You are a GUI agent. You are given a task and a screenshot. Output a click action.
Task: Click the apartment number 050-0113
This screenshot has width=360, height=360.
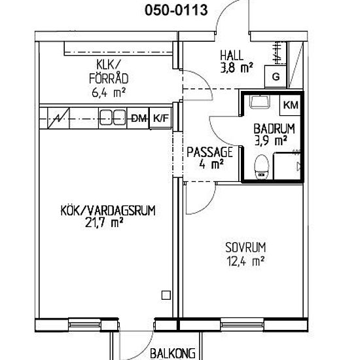(x=176, y=10)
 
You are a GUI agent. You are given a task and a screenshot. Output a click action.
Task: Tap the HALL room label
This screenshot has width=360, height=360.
(x=232, y=56)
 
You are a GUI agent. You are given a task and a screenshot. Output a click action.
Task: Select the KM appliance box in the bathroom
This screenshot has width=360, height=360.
(x=291, y=105)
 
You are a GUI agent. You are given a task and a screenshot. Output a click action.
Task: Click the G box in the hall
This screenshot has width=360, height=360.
(x=276, y=77)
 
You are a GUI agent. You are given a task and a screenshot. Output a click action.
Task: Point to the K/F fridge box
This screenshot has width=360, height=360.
(x=161, y=118)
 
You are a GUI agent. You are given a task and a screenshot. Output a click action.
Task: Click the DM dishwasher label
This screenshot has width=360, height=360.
(x=139, y=118)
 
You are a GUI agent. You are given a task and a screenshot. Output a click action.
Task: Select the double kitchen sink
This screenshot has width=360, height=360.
(x=113, y=118)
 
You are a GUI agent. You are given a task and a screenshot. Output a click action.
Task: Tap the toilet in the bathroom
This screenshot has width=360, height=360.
(x=262, y=167)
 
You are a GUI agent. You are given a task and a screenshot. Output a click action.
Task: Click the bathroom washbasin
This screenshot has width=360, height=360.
(x=260, y=101)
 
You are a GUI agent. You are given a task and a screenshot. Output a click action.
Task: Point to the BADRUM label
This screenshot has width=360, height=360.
(x=274, y=129)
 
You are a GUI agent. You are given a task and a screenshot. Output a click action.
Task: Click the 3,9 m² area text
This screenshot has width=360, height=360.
(x=271, y=140)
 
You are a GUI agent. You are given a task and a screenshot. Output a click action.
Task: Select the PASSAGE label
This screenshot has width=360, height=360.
(x=209, y=152)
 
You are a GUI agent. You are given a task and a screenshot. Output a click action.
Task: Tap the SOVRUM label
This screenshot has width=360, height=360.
(x=245, y=247)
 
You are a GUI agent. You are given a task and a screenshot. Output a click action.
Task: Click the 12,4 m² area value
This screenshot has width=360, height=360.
(x=245, y=261)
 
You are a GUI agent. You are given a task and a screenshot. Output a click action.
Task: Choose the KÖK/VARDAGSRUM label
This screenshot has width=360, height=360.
(x=108, y=211)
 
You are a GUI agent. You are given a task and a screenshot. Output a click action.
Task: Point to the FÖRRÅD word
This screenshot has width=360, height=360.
(x=109, y=79)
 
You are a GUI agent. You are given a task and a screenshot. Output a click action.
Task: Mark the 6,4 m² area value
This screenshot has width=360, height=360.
(x=109, y=93)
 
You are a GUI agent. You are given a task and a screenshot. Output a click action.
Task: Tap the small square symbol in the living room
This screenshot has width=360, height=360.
(x=166, y=295)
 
